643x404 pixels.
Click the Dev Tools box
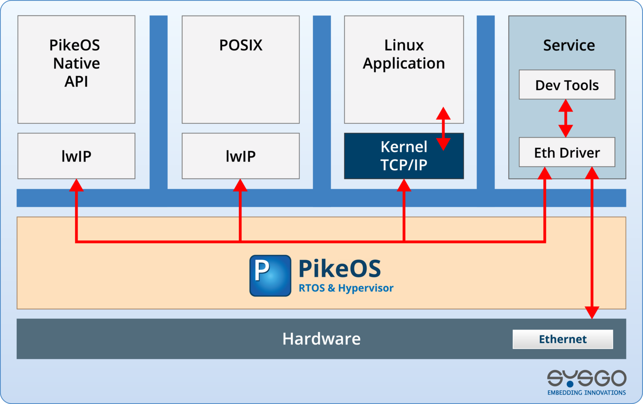[x=567, y=85]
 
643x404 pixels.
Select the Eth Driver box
[x=567, y=152]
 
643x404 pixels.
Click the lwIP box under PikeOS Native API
[x=76, y=156]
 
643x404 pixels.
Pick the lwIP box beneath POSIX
[x=240, y=156]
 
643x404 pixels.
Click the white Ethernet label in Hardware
[x=563, y=339]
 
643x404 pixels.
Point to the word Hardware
[x=321, y=339]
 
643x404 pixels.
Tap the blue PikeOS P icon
[x=270, y=276]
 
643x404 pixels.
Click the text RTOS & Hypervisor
[x=346, y=288]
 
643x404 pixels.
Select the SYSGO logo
[x=586, y=378]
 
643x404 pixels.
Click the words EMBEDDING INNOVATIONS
[x=586, y=393]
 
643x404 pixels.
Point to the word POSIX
[x=240, y=45]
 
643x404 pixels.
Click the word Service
[x=569, y=45]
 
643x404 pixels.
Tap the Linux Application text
[x=404, y=54]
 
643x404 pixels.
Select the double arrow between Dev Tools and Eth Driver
[x=565, y=118]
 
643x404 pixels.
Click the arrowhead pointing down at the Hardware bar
[x=592, y=313]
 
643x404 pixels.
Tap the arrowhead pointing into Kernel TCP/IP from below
[x=404, y=185]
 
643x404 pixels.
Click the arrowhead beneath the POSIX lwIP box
[x=240, y=185]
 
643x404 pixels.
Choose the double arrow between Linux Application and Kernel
[x=443, y=129]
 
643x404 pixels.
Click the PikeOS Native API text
[x=76, y=63]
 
